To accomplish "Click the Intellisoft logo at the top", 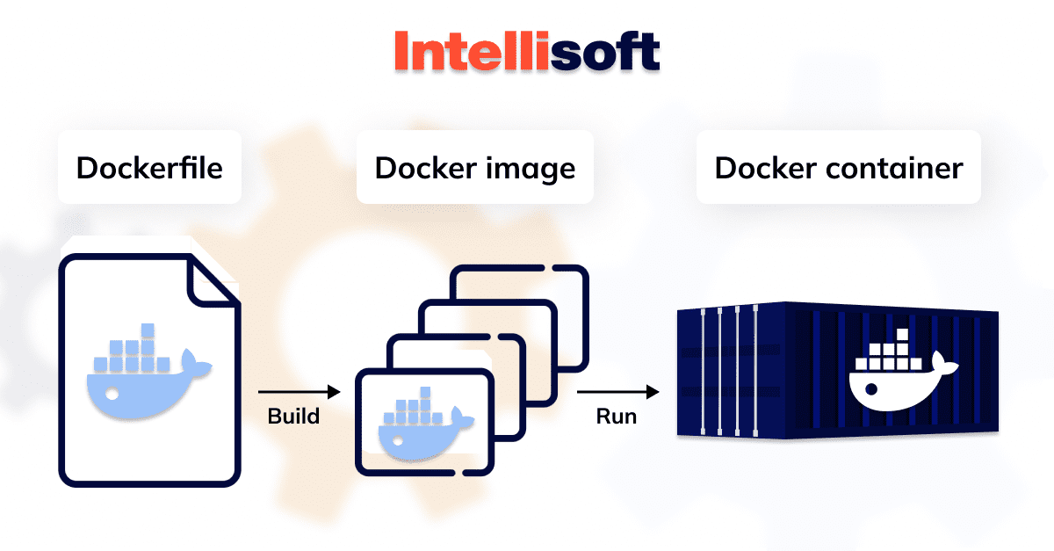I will [526, 52].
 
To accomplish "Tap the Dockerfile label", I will [148, 168].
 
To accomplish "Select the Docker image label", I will [475, 168].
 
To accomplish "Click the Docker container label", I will [838, 168].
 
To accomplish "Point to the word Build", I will [293, 416].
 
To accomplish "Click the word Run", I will [616, 416].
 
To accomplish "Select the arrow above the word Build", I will [298, 392].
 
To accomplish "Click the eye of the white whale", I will [870, 387].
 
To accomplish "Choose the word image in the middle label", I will [536, 168].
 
